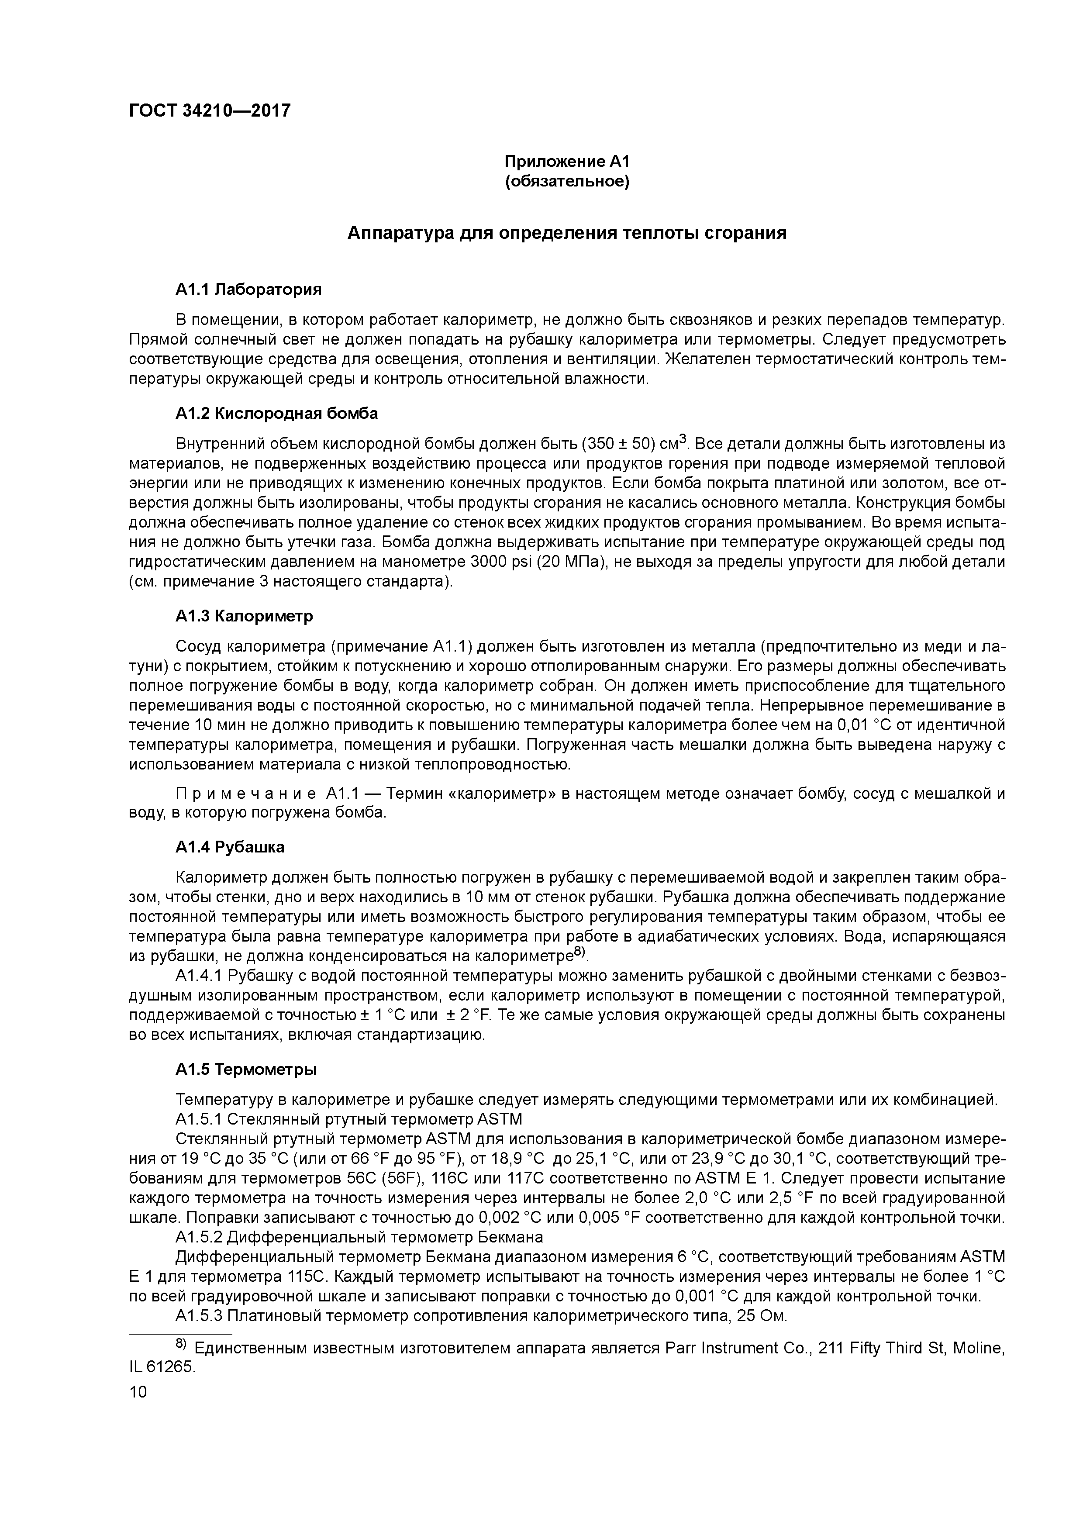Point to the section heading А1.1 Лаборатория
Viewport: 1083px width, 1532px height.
pyautogui.click(x=248, y=289)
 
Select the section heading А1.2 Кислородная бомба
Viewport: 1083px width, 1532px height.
pyautogui.click(x=276, y=413)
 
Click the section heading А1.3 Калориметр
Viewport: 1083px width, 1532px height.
pyautogui.click(x=244, y=616)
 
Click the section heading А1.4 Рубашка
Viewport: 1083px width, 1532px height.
pyautogui.click(x=230, y=847)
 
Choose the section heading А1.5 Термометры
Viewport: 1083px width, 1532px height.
pyautogui.click(x=246, y=1069)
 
